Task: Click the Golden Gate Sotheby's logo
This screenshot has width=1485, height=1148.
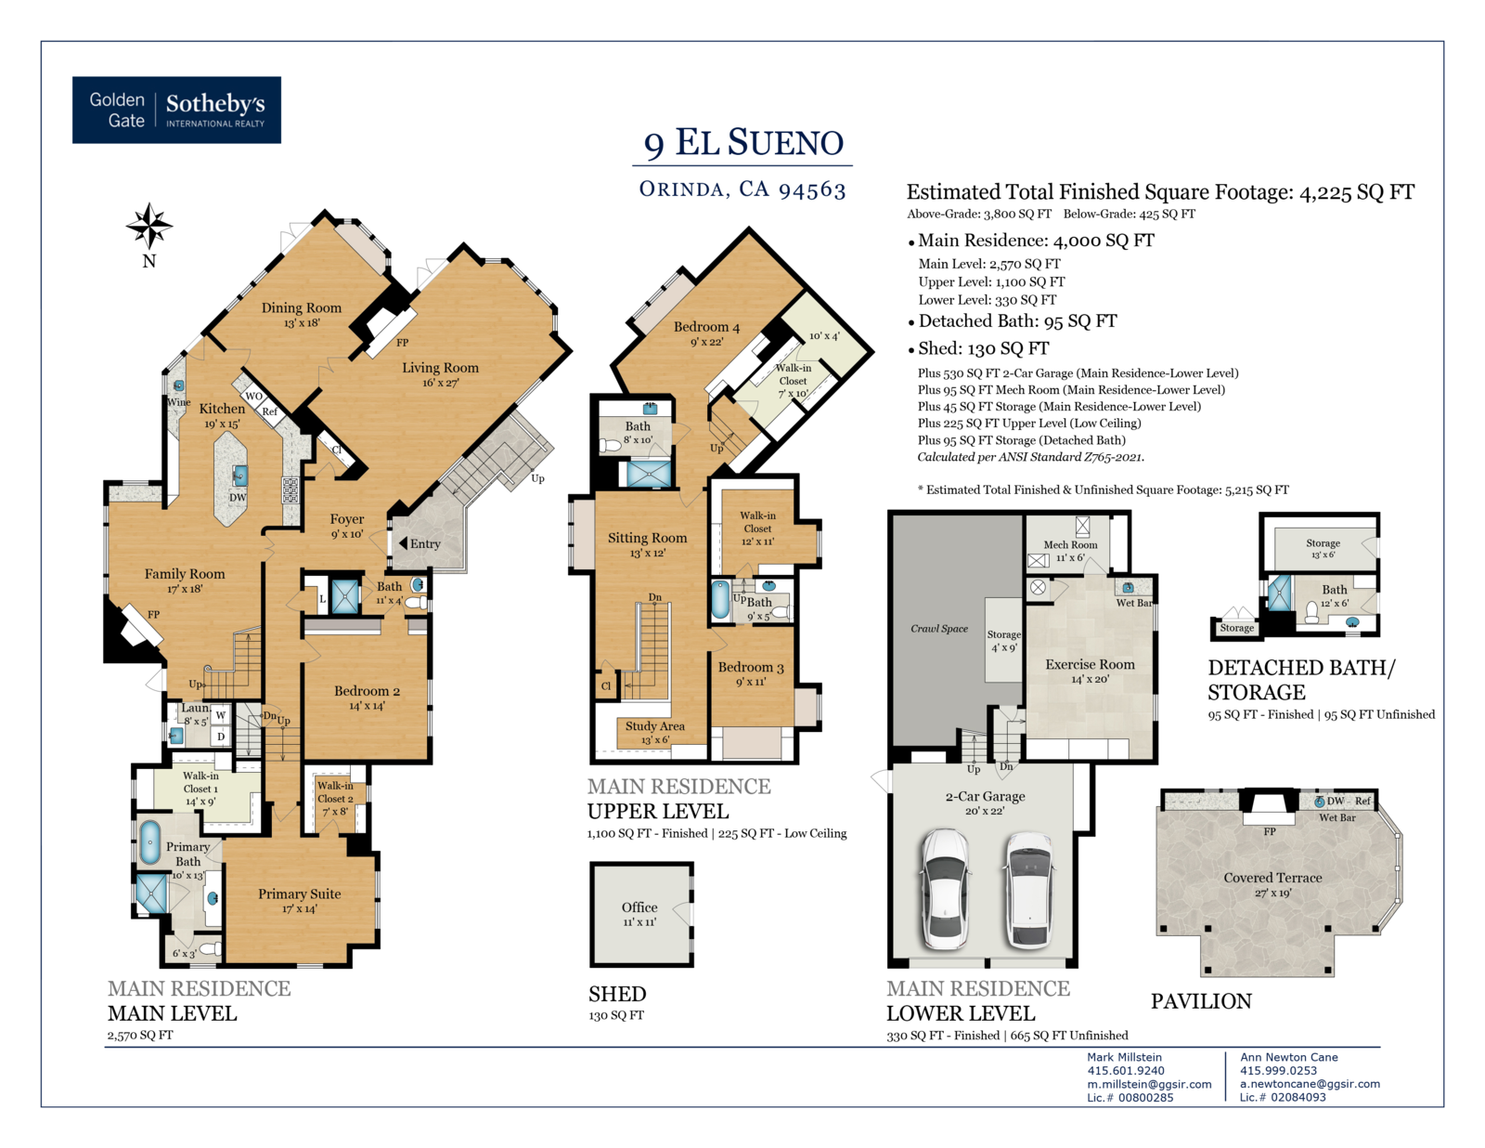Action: click(x=176, y=110)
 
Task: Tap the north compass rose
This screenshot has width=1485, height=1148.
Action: click(x=149, y=226)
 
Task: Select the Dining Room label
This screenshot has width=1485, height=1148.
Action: click(x=302, y=307)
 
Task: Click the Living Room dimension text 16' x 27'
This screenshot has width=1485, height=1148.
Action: click(x=440, y=383)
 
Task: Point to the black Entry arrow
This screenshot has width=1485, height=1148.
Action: click(x=403, y=543)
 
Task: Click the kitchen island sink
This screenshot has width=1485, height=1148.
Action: click(x=239, y=475)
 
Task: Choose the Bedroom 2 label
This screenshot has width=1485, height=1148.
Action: click(x=367, y=691)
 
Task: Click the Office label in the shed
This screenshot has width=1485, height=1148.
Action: click(x=639, y=907)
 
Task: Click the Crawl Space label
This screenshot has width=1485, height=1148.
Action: click(x=939, y=629)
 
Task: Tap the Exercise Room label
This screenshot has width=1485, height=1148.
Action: click(x=1090, y=665)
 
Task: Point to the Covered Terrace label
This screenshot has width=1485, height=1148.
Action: click(x=1272, y=878)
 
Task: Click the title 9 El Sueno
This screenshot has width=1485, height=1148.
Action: click(x=742, y=143)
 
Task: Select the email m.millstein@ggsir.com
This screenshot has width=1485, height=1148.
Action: click(x=1149, y=1084)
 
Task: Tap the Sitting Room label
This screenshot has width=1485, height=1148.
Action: click(x=647, y=538)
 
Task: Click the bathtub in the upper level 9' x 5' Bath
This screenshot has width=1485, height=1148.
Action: click(x=720, y=600)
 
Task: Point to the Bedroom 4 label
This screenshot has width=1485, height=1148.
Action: click(x=706, y=327)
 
